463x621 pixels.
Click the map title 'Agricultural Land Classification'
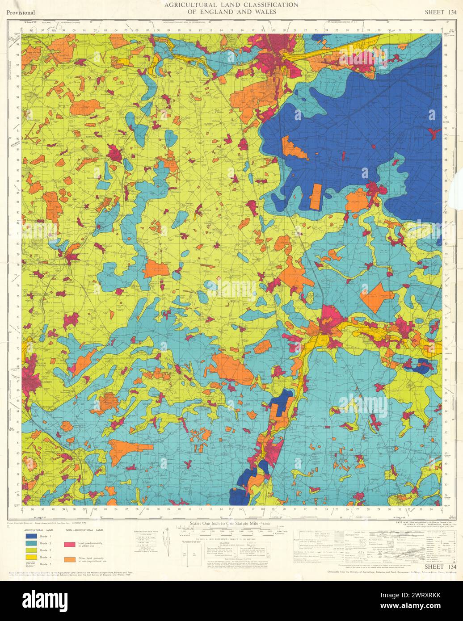231,5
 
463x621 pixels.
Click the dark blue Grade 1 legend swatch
31,536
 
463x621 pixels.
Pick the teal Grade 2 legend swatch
31,543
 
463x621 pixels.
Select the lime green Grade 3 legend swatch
31,550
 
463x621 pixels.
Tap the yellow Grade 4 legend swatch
31,557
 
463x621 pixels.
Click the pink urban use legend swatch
69,545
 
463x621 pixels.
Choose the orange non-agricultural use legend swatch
69,559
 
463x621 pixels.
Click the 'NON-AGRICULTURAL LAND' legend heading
84,529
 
